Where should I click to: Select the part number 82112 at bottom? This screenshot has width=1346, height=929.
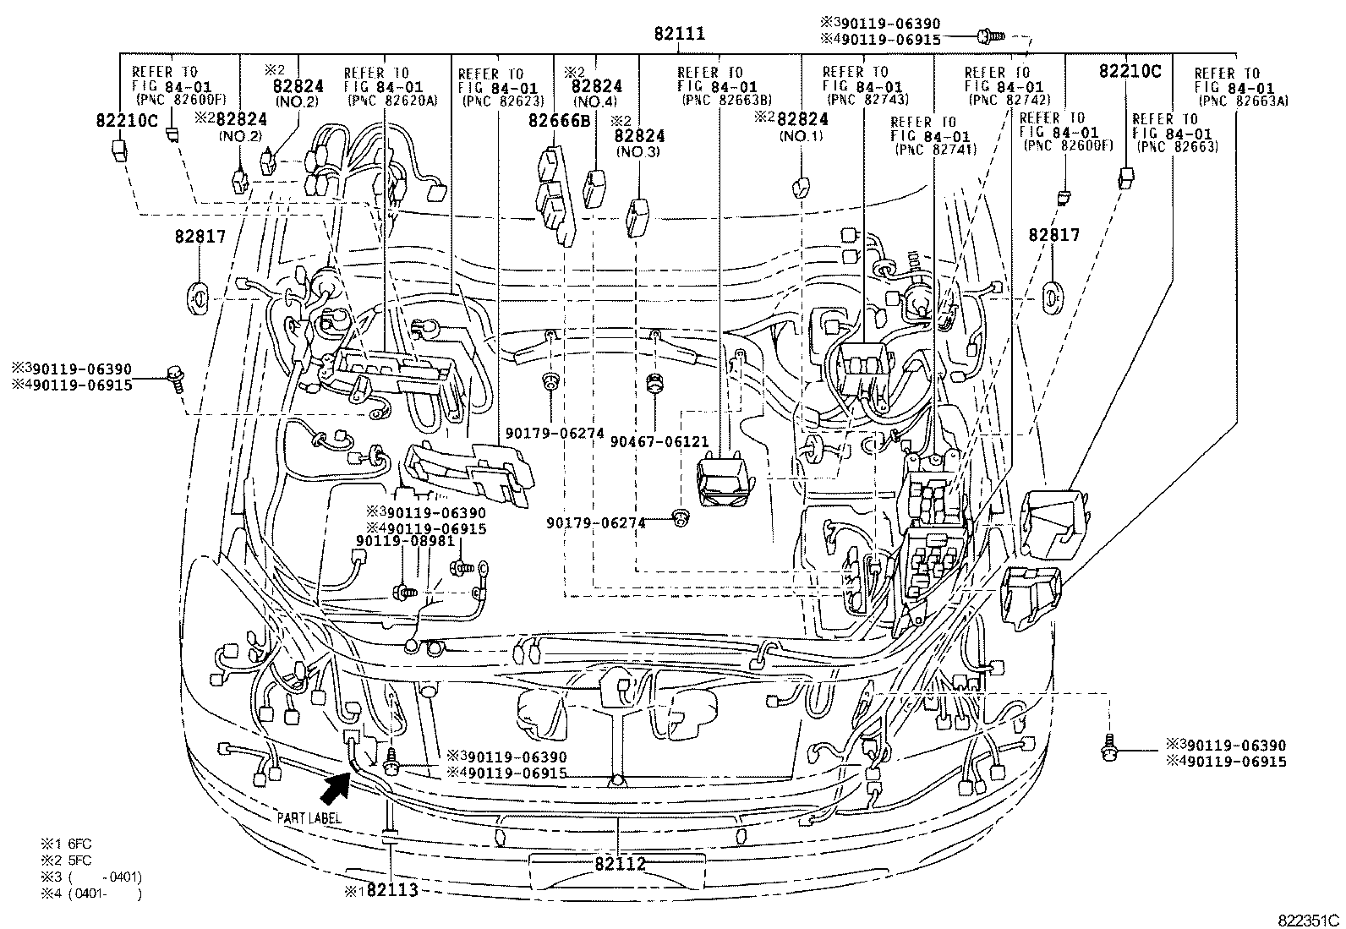coord(620,864)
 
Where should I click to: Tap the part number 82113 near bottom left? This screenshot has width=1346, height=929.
coord(391,890)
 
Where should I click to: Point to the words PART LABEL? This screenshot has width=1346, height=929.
coord(309,817)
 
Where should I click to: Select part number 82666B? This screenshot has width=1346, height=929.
coord(560,120)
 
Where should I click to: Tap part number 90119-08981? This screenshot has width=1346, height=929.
coord(405,542)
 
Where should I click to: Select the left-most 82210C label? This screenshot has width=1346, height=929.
coord(126,120)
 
